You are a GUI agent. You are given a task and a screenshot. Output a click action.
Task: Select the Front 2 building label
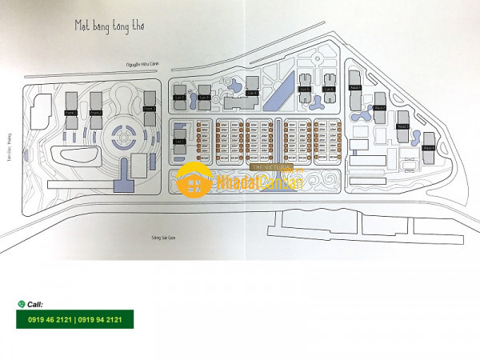pos(96,113)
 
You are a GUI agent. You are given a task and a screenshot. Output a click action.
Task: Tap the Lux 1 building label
pos(179,142)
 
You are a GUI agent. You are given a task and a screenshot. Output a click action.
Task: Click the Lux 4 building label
pos(251,94)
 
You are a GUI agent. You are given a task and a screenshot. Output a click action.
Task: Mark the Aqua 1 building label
pos(356,87)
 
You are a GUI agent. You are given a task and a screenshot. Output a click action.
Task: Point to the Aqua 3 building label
pos(404,126)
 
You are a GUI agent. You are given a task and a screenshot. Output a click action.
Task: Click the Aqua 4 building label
pos(428,147)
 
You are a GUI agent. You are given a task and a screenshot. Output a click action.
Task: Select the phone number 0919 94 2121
pos(98,320)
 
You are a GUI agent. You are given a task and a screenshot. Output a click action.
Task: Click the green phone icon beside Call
pos(21,305)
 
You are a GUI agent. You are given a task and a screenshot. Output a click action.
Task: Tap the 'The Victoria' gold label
pos(261,168)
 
